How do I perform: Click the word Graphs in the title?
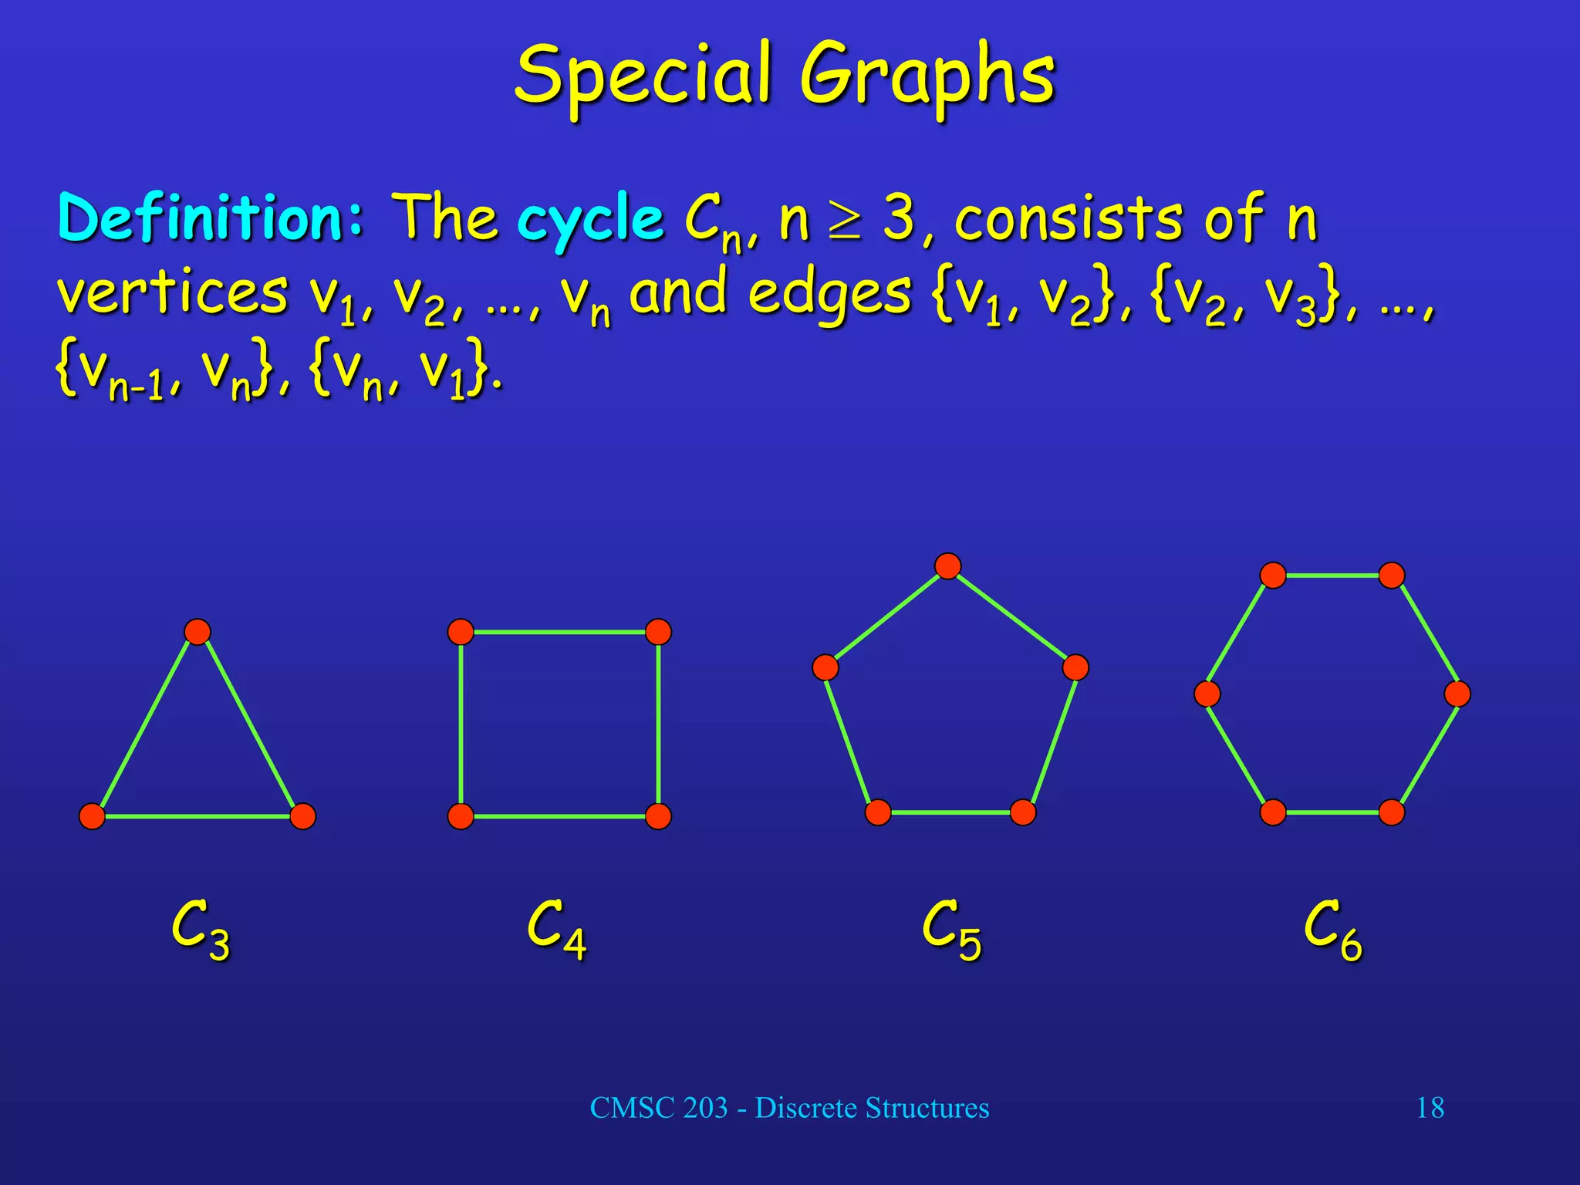[x=926, y=77]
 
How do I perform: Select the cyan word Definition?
[x=210, y=218]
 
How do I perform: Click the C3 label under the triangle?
[x=200, y=930]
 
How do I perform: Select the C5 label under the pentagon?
[x=951, y=930]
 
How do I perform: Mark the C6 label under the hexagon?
[x=1332, y=930]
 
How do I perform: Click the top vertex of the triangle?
[x=197, y=632]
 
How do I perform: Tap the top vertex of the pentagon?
[x=947, y=566]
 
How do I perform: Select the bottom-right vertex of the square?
[x=658, y=816]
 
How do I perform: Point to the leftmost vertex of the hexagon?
[x=1207, y=694]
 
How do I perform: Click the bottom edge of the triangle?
[x=197, y=816]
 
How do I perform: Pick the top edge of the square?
[x=559, y=632]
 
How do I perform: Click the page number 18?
[x=1430, y=1108]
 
